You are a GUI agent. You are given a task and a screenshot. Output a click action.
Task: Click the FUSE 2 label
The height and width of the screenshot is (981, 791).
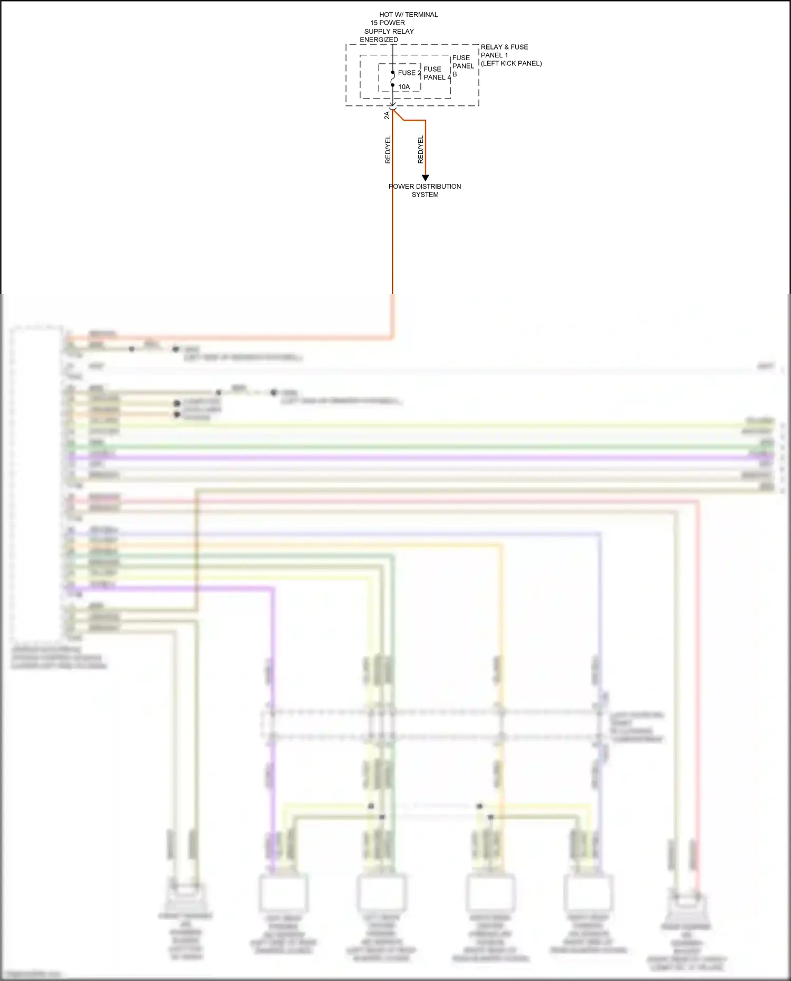tap(409, 73)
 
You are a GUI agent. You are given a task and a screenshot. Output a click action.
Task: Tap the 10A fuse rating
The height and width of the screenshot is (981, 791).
tap(404, 87)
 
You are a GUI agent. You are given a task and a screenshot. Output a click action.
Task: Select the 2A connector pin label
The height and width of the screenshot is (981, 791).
tap(387, 115)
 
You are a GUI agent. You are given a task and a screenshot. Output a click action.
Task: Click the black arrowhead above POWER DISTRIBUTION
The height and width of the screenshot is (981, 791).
tap(425, 178)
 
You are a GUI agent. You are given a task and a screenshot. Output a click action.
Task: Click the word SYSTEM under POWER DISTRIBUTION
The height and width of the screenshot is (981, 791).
tap(425, 195)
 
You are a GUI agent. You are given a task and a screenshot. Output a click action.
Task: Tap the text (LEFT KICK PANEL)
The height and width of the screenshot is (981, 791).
tap(511, 63)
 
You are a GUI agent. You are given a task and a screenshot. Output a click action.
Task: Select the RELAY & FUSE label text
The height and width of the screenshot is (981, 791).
tap(504, 47)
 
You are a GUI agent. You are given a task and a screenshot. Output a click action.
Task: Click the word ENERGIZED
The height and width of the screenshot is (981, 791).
tap(379, 40)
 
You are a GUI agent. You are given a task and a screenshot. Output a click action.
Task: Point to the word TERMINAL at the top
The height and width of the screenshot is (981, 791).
tap(421, 15)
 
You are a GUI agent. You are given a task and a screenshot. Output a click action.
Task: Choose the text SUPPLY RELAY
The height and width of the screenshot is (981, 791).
tap(389, 31)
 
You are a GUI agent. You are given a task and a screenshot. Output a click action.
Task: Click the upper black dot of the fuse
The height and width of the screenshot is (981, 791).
tap(393, 72)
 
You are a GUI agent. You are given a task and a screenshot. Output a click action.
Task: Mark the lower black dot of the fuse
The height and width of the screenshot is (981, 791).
tap(393, 85)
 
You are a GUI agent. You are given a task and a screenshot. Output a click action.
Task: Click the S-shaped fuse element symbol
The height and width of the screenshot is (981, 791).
tap(393, 79)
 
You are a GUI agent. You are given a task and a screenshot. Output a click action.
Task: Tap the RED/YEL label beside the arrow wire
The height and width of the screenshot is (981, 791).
tap(420, 150)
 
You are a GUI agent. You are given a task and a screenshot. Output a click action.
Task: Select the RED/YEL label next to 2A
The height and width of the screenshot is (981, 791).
tap(388, 150)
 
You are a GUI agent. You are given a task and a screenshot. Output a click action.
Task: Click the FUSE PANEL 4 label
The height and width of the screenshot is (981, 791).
tap(437, 73)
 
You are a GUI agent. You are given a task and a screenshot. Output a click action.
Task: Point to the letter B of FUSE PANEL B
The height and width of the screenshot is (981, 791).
tap(455, 74)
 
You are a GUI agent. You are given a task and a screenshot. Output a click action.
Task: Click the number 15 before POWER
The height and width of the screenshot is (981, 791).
tap(374, 23)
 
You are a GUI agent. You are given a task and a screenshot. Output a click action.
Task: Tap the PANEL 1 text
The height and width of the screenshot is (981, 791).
tap(494, 55)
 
